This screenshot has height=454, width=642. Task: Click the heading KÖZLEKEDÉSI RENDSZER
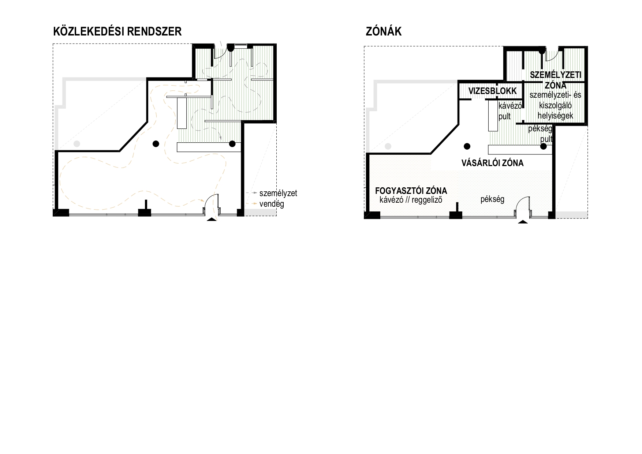[x=117, y=31]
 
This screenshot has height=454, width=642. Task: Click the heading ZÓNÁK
[x=384, y=31]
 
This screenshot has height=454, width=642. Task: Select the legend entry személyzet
[x=278, y=193]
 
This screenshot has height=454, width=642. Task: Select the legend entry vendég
[x=272, y=204]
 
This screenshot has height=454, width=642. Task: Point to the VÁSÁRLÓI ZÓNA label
[x=492, y=163]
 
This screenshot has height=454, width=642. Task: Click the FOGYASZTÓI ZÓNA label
[x=411, y=191]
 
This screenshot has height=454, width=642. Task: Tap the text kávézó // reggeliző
[x=411, y=200]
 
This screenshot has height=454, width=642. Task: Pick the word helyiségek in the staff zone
[x=555, y=116]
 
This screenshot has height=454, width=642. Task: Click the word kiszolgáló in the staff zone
[x=555, y=105]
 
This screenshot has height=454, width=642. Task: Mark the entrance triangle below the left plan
[x=212, y=219]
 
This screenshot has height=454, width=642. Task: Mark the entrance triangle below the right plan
[x=523, y=221]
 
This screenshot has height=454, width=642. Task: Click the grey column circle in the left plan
[x=76, y=144]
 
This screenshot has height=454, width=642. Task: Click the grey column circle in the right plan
[x=388, y=146]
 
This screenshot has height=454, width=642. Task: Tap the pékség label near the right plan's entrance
[x=492, y=199]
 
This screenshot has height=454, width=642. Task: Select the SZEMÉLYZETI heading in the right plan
[x=555, y=75]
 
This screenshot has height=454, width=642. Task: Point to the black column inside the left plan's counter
[x=232, y=144]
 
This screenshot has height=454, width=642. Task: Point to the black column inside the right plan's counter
[x=544, y=146]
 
